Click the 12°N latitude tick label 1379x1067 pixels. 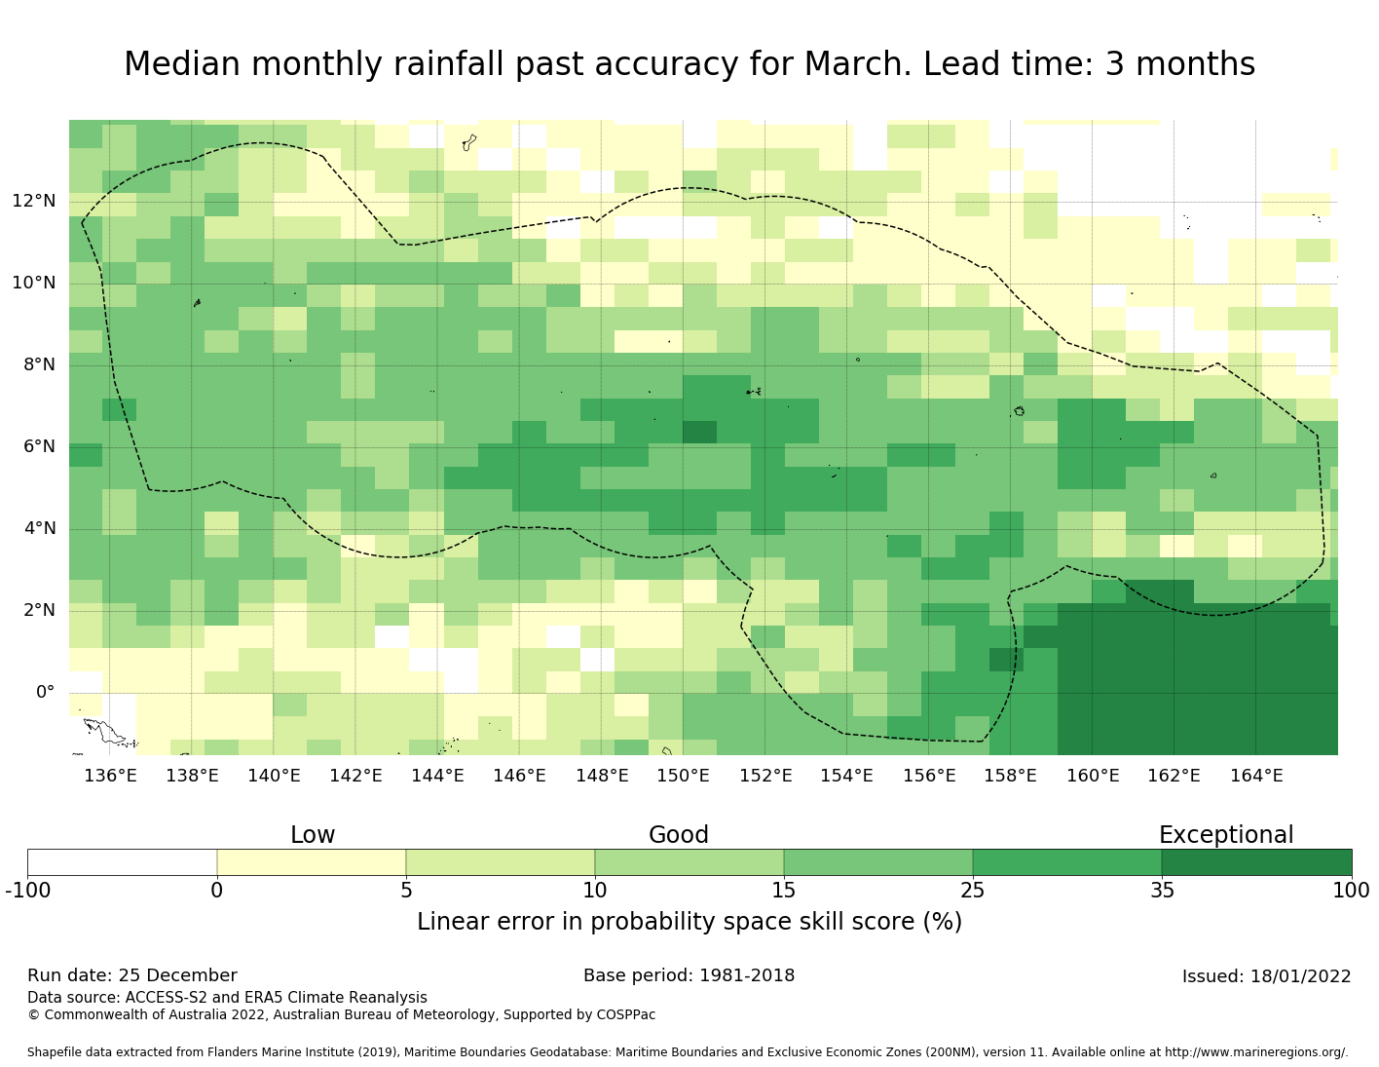(x=34, y=202)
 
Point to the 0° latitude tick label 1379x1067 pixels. (x=45, y=693)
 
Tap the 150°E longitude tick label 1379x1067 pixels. (x=683, y=777)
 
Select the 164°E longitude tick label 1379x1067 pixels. (x=1256, y=777)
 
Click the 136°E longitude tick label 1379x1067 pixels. (x=110, y=777)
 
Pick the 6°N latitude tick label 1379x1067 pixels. (x=34, y=447)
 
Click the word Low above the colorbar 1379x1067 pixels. (x=313, y=835)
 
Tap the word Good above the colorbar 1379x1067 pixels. (x=679, y=835)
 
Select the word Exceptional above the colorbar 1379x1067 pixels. (x=1226, y=835)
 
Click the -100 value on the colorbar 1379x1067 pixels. (x=27, y=891)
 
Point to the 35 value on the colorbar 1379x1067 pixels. (x=1162, y=891)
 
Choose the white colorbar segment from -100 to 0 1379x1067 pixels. (x=122, y=862)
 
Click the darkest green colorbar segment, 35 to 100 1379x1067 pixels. (x=1256, y=862)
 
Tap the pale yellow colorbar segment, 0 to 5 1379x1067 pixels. (x=311, y=862)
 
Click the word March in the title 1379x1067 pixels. (x=857, y=64)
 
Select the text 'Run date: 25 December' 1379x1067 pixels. (x=132, y=976)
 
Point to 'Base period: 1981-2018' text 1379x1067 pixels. (x=689, y=976)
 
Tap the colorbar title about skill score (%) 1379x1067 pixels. (x=689, y=922)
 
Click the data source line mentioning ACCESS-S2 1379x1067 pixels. (x=227, y=998)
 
